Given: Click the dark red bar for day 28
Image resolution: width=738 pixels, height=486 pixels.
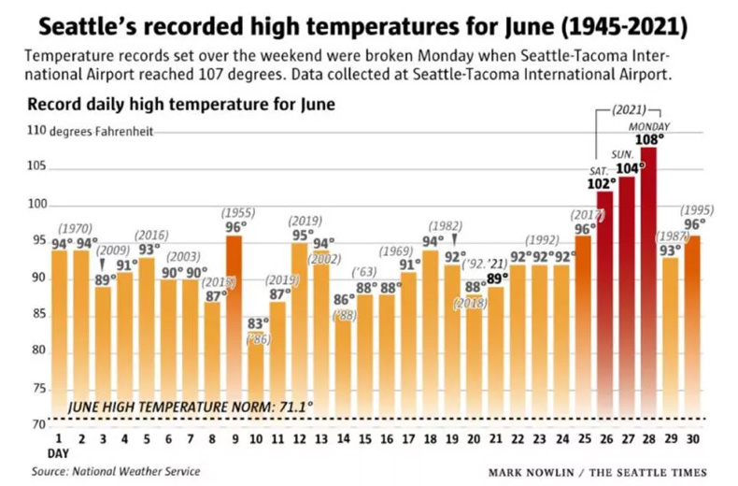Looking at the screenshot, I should pyautogui.click(x=648, y=290).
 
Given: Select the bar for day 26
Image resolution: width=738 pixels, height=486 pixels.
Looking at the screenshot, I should pyautogui.click(x=604, y=308).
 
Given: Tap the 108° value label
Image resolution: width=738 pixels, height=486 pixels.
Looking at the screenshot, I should pyautogui.click(x=649, y=140).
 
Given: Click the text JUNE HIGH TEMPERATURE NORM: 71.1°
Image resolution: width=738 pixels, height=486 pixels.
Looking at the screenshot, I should pyautogui.click(x=191, y=408).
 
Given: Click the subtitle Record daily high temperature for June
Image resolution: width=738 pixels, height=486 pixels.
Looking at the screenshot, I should pyautogui.click(x=181, y=105).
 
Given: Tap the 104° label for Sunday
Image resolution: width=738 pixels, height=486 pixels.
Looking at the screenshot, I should pyautogui.click(x=630, y=168).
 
